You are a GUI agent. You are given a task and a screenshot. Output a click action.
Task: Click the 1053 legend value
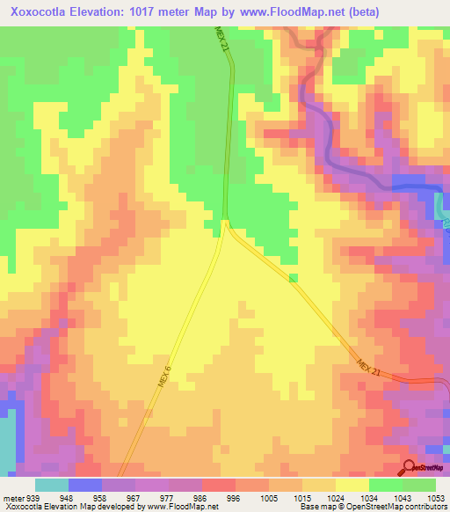[436, 496]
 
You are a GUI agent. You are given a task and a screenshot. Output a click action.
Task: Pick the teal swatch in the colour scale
[52, 485]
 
